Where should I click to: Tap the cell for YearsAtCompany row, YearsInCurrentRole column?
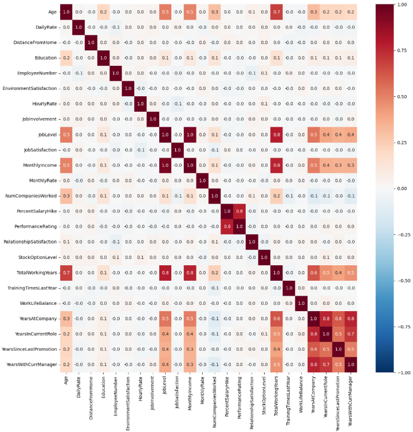pyautogui.click(x=327, y=317)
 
